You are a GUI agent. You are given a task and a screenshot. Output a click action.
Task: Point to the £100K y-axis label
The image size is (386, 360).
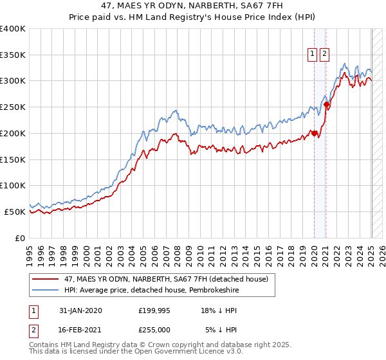click(13, 185)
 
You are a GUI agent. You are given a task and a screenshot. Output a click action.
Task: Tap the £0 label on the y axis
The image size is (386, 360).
click(21, 238)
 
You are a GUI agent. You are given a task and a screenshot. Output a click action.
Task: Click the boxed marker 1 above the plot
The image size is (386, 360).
click(312, 55)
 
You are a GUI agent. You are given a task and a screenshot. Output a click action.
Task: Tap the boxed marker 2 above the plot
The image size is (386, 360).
click(324, 55)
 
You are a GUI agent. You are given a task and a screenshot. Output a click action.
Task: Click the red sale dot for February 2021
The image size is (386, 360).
click(327, 105)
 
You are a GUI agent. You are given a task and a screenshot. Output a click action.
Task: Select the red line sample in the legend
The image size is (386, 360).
click(46, 278)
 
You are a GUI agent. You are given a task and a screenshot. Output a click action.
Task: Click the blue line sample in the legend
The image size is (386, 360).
click(46, 290)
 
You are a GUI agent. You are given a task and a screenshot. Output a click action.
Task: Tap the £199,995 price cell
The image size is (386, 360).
click(154, 310)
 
